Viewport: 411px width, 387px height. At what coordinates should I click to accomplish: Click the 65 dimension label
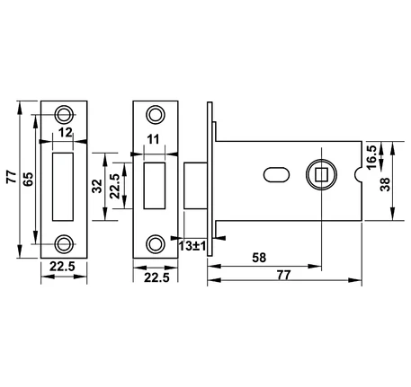pyautogui.click(x=28, y=180)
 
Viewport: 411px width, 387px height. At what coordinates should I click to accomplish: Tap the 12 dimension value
pyautogui.click(x=65, y=132)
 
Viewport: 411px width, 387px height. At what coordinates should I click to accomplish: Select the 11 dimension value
pyautogui.click(x=153, y=139)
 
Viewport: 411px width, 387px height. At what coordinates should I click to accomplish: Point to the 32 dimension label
pyautogui.click(x=97, y=186)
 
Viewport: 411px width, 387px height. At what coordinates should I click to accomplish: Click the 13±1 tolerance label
pyautogui.click(x=192, y=246)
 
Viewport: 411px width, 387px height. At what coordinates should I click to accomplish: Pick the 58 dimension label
pyautogui.click(x=259, y=258)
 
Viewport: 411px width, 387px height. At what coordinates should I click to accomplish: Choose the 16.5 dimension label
pyautogui.click(x=371, y=157)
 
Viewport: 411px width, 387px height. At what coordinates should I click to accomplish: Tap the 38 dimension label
pyautogui.click(x=385, y=184)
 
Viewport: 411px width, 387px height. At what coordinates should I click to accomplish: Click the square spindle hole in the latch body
pyautogui.click(x=321, y=175)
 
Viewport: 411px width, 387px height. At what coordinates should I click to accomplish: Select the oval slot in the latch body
pyautogui.click(x=276, y=175)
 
